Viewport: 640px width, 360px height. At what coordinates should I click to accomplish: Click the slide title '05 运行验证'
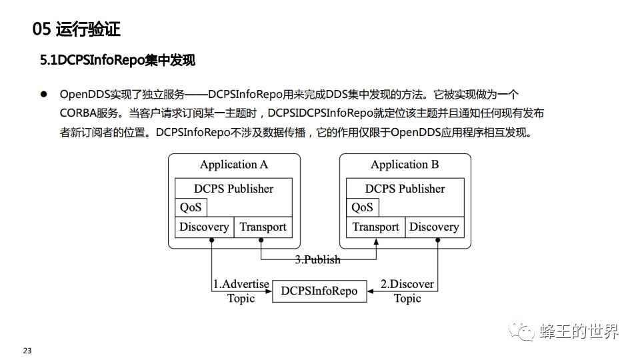[x=76, y=29]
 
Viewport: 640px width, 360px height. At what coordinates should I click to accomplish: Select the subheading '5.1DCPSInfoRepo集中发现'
[x=117, y=61]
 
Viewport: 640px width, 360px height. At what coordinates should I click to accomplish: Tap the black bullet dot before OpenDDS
[x=45, y=95]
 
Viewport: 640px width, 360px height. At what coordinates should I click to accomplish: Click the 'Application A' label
[x=233, y=165]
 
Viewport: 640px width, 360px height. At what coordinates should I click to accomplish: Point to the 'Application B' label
[x=405, y=165]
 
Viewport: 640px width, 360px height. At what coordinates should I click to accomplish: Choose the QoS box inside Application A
[x=191, y=207]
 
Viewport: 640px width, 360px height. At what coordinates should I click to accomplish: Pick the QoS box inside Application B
[x=362, y=207]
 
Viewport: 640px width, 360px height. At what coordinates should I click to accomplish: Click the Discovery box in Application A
[x=204, y=227]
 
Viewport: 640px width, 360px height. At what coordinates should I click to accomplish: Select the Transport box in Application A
[x=263, y=227]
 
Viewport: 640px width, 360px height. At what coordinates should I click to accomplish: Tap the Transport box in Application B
[x=375, y=227]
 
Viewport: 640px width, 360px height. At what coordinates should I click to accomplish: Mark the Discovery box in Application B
[x=434, y=227]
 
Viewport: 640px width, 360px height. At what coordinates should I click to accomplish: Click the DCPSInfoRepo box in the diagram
[x=319, y=291]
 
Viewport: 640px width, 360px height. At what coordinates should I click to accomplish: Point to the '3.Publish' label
[x=318, y=259]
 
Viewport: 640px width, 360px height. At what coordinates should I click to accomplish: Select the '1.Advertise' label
[x=241, y=284]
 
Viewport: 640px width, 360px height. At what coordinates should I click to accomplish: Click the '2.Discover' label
[x=407, y=284]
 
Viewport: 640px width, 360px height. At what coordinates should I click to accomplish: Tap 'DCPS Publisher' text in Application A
[x=233, y=189]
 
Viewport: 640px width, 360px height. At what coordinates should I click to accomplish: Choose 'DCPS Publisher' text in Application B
[x=405, y=189]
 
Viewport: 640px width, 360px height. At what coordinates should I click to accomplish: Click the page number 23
[x=27, y=351]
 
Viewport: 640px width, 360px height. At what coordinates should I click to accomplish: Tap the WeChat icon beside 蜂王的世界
[x=522, y=331]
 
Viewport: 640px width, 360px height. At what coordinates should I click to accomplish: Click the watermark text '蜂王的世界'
[x=579, y=331]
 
